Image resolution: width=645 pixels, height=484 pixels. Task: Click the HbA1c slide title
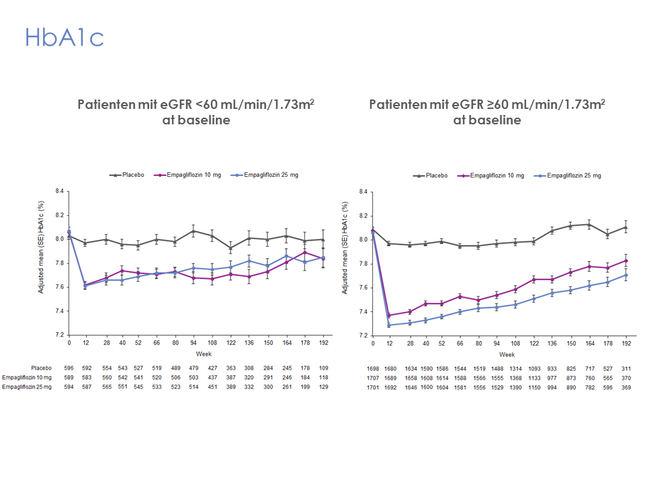click(64, 37)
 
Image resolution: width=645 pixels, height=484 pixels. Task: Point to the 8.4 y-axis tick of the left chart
click(59, 192)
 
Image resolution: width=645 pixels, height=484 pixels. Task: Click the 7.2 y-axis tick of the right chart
click(363, 335)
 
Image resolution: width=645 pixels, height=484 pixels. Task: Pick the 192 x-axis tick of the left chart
click(323, 344)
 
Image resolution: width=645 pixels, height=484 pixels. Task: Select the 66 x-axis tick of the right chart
click(460, 344)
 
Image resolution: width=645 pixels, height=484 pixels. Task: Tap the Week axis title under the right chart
click(507, 354)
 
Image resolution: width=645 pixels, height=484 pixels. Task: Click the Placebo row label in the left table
click(42, 368)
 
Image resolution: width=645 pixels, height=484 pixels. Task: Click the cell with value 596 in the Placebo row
click(69, 368)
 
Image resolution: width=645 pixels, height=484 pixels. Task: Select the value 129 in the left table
click(323, 387)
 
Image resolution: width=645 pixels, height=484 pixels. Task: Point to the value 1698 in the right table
click(373, 368)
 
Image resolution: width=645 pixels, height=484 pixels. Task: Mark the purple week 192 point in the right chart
click(626, 260)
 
